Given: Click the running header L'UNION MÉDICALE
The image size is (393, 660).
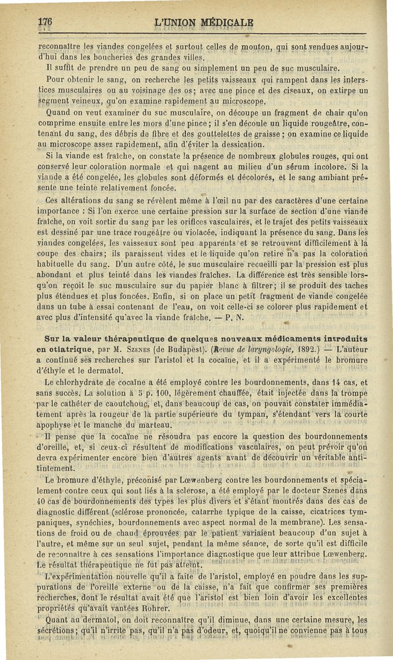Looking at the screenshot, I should click(204, 22).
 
